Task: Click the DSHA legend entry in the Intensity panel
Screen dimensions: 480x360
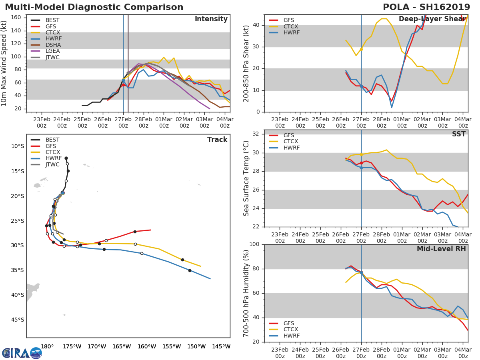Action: [46, 45]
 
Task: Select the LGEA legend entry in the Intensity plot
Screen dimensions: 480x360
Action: [45, 51]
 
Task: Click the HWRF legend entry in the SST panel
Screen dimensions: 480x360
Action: [284, 148]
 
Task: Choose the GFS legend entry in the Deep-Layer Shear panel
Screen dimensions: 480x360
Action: [282, 20]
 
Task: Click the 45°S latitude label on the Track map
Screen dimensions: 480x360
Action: [18, 320]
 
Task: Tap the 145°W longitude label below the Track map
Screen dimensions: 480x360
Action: [221, 346]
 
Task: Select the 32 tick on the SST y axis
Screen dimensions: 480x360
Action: [256, 134]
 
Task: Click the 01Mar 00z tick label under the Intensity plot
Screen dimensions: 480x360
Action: [164, 122]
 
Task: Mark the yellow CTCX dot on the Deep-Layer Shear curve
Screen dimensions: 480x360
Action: [361, 49]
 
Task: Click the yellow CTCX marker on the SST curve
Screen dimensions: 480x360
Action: [361, 154]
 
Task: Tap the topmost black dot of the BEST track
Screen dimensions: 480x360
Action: [66, 158]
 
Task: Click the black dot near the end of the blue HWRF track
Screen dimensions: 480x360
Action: [190, 271]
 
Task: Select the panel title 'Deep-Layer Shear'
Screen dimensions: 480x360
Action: [432, 19]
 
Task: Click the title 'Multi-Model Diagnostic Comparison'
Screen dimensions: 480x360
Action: [94, 7]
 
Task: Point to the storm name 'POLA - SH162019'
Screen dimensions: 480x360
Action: [426, 7]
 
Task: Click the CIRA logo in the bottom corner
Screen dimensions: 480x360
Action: [22, 353]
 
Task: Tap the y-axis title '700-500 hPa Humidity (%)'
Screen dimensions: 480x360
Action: [246, 293]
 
